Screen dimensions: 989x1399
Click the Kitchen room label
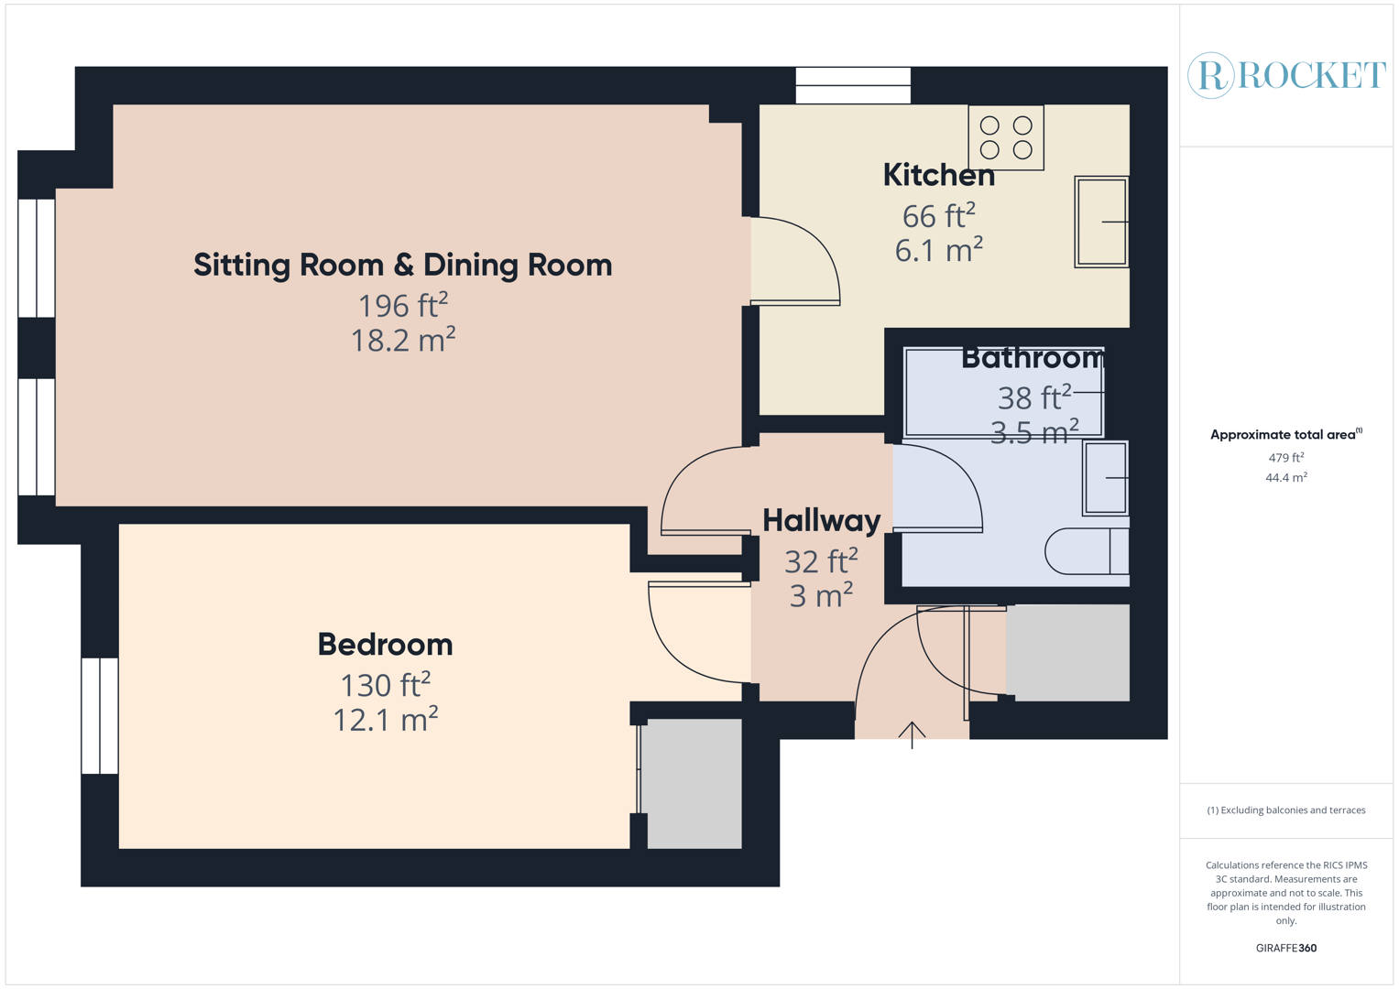[x=938, y=175]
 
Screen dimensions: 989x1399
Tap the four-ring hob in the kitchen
[x=1006, y=137]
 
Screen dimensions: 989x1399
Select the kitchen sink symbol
[x=1101, y=222]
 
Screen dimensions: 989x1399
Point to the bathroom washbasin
[x=1106, y=478]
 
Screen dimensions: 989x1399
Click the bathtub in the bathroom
[x=1003, y=392]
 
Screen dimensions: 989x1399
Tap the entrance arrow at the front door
[x=912, y=734]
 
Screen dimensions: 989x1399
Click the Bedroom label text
[x=385, y=645]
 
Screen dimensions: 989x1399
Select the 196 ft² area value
[x=402, y=305]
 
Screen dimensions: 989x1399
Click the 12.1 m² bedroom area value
[x=385, y=721]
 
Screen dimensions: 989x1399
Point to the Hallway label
[x=821, y=520]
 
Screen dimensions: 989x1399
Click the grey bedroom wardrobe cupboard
[x=694, y=783]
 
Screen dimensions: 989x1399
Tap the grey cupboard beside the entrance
[x=1067, y=653]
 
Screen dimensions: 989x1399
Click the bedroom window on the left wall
[x=100, y=715]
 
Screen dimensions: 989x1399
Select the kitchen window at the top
[x=853, y=85]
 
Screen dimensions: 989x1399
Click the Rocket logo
[x=1286, y=75]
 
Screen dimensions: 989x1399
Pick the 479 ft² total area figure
[x=1286, y=458]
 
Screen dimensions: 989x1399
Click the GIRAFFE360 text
[x=1285, y=948]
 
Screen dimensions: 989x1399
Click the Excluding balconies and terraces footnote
[x=1285, y=810]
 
